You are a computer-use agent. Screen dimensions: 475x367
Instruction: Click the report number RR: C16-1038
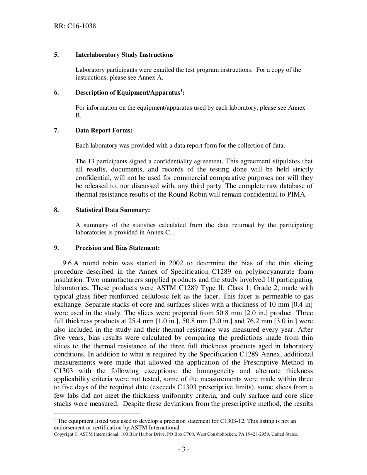coord(75,26)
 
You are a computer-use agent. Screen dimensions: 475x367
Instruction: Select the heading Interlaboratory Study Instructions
coord(124,55)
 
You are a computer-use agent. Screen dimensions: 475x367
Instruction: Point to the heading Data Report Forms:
coord(104,131)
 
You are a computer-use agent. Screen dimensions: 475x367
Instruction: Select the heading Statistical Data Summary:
coord(112,210)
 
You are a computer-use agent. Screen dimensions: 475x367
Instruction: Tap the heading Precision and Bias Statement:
coord(117,248)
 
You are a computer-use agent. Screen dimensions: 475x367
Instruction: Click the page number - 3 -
coord(183,450)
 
